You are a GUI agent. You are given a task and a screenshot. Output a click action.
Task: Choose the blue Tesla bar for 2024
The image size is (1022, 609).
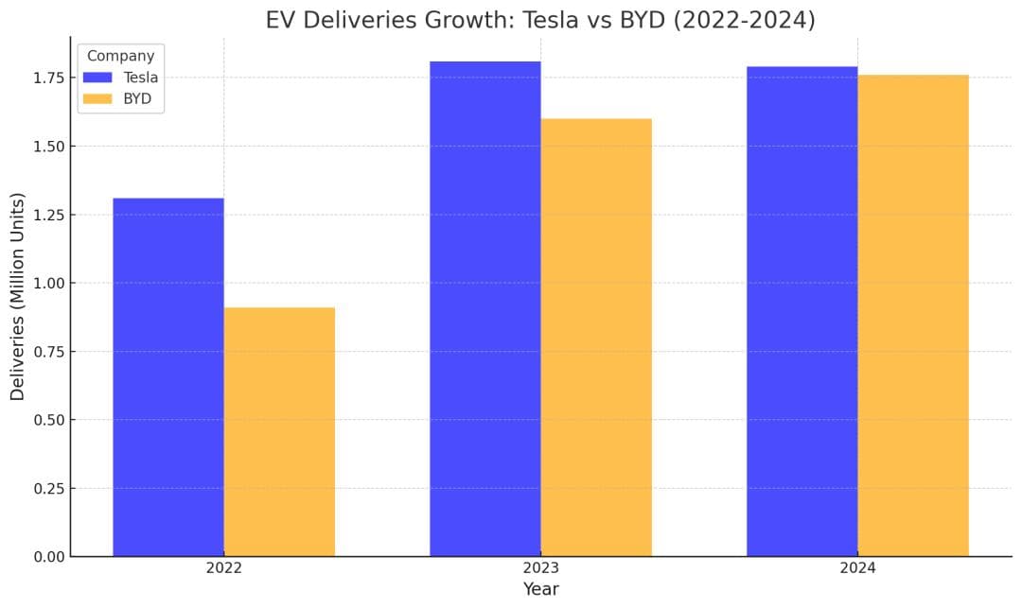tap(802, 311)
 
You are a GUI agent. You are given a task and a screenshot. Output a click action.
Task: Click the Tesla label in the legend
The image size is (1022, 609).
tap(141, 78)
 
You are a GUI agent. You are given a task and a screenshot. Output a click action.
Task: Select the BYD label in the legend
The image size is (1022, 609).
tap(138, 98)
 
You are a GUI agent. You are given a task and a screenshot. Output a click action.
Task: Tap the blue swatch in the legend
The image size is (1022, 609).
tap(98, 78)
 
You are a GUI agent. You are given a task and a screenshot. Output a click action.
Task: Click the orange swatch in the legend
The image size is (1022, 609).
tap(98, 98)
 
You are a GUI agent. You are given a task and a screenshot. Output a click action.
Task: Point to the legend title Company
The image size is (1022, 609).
tap(120, 56)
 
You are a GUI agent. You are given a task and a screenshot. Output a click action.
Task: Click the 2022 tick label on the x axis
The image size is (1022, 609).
tap(224, 569)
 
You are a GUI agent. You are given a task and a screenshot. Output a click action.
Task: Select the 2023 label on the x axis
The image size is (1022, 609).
tap(540, 569)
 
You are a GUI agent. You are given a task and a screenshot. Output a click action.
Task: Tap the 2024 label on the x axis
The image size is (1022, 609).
tap(857, 569)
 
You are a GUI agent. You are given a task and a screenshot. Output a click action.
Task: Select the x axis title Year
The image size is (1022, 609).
tap(540, 590)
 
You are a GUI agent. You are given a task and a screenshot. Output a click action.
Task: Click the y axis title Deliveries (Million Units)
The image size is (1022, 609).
tap(18, 296)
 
